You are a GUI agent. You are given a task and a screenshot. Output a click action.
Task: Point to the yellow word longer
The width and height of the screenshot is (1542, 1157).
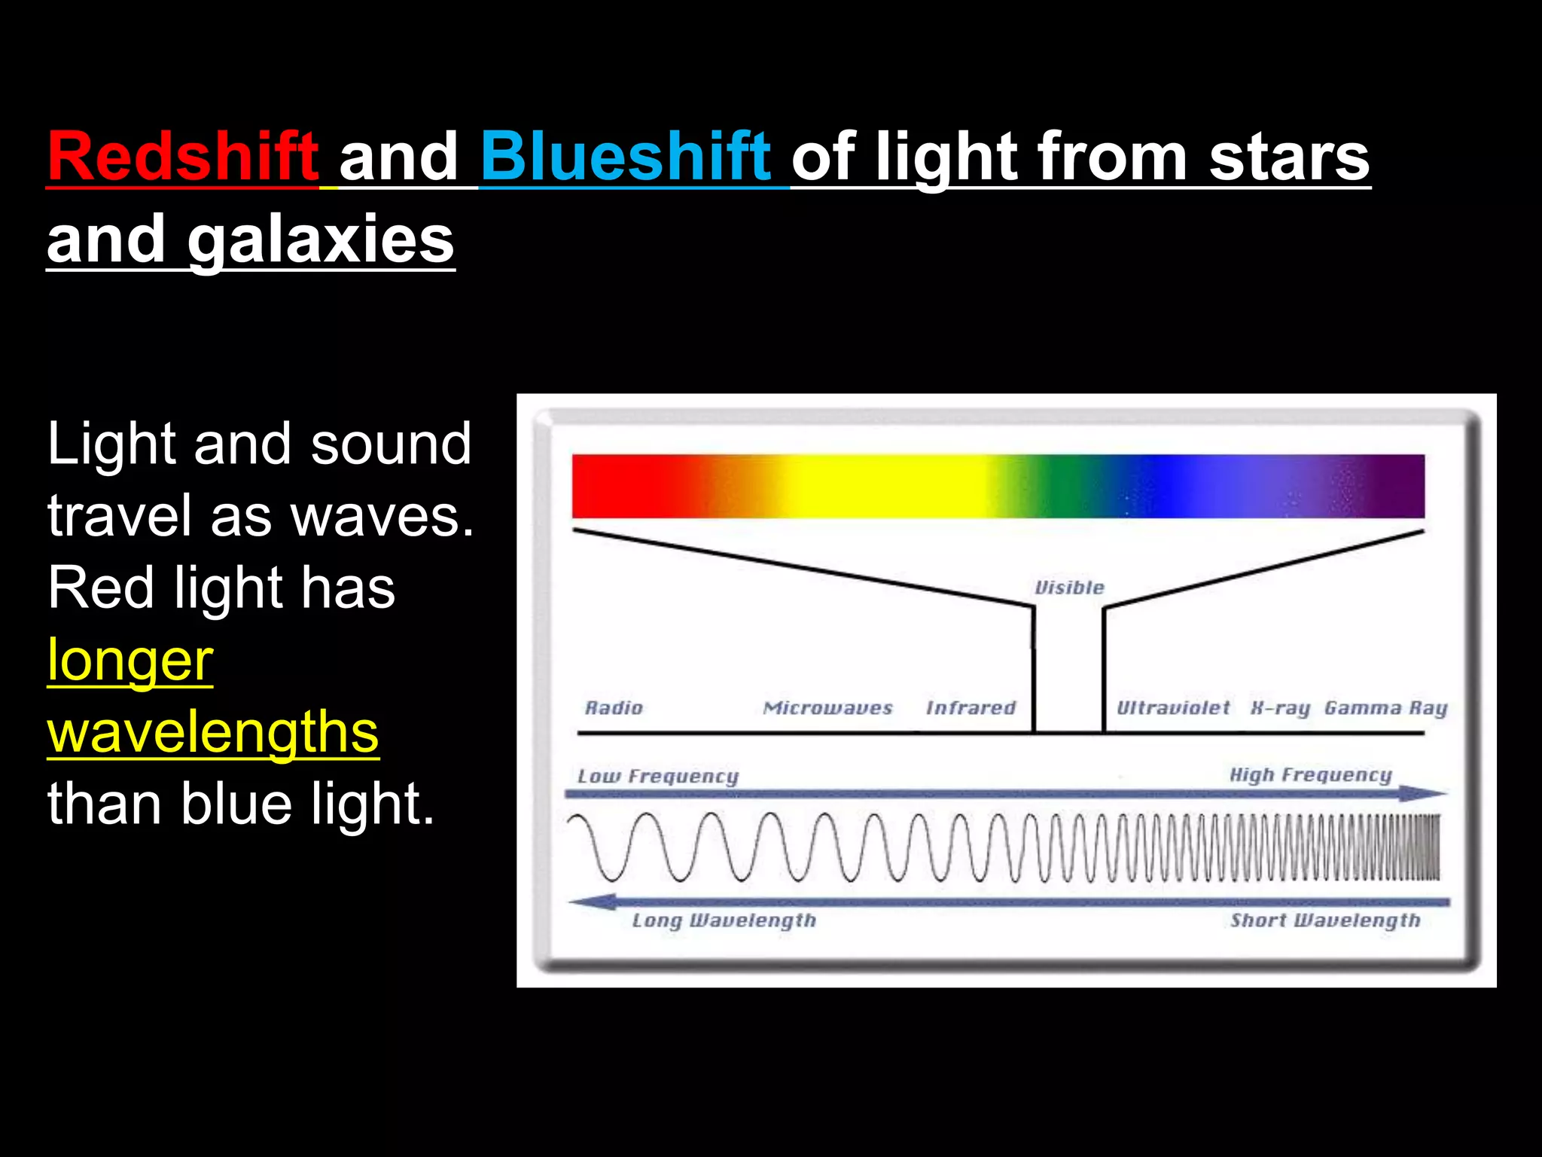click(130, 660)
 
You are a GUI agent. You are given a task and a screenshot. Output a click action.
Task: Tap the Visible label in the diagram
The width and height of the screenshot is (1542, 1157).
click(1069, 588)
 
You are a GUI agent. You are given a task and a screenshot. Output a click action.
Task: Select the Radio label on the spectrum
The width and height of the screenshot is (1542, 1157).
click(614, 708)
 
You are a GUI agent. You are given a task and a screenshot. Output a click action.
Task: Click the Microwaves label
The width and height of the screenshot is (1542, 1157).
click(827, 708)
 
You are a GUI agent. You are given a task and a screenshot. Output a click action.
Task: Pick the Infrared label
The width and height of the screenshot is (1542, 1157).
click(971, 708)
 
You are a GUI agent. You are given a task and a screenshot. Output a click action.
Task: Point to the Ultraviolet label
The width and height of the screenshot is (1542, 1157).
click(1172, 708)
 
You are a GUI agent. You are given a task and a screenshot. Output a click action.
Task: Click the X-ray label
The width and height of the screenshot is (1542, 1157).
click(1280, 709)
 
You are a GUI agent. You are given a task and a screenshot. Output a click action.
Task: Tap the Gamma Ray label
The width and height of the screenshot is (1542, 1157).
click(1385, 709)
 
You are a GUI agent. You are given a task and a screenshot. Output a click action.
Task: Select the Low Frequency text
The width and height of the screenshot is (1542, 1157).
click(657, 777)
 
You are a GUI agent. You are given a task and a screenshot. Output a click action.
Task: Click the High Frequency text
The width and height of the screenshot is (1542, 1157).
click(1310, 775)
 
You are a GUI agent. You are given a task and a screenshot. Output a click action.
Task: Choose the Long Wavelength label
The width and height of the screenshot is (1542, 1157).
click(724, 920)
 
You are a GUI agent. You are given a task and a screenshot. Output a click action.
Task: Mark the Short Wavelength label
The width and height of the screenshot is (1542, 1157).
click(1324, 920)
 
